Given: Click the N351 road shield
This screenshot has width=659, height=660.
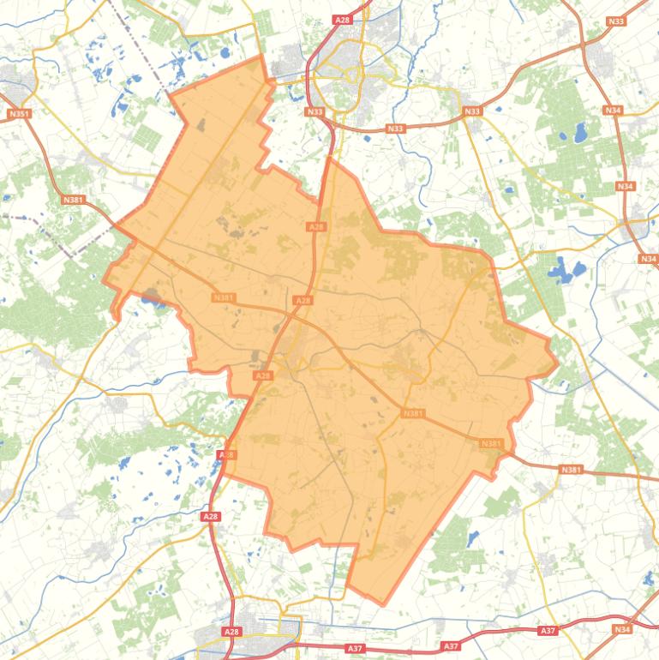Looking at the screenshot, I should coord(17,113).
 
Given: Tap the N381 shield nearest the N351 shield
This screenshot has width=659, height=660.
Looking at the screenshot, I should coord(73,199).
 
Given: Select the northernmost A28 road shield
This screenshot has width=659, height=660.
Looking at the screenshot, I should coord(343,19).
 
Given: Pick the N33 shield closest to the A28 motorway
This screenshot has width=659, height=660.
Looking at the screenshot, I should coord(315,111).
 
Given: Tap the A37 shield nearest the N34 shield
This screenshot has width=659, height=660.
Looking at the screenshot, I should coord(548,631).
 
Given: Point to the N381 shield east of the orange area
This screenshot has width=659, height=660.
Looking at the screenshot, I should coord(571,470).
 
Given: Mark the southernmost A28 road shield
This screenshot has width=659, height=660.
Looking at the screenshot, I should coord(231,632).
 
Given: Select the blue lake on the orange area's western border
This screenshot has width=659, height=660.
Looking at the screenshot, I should coord(152,297).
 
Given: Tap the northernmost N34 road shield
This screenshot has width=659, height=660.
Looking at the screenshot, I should coord(612,111).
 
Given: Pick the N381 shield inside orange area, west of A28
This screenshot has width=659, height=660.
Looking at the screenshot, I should coord(224,297).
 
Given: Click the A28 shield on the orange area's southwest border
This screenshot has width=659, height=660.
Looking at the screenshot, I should coord(226,455).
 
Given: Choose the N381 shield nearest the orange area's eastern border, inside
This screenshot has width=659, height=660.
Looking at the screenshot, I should coord(491,443).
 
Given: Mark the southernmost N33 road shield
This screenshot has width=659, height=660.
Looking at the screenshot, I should coord(395,129).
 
